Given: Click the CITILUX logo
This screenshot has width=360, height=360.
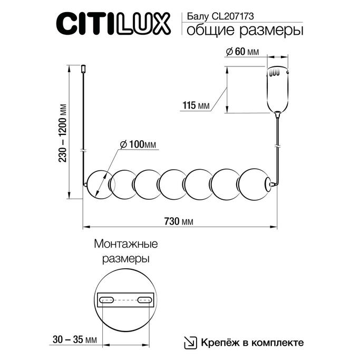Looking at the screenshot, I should click(x=113, y=23).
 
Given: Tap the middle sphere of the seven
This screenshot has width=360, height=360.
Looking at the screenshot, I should click(x=174, y=184).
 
